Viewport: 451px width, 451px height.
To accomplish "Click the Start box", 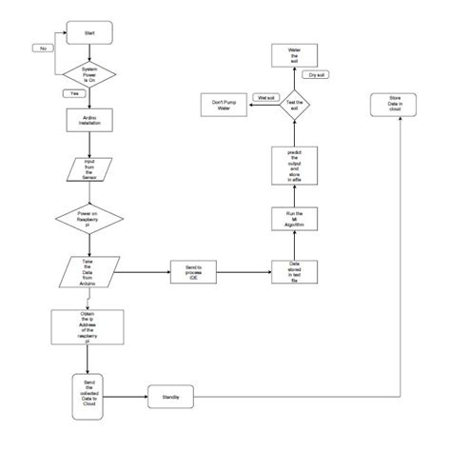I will pyautogui.click(x=89, y=31).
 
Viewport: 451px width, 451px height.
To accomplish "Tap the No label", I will pyautogui.click(x=43, y=47).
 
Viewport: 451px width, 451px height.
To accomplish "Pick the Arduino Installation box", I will pyautogui.click(x=89, y=119).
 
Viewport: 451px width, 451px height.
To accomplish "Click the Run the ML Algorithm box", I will pyautogui.click(x=287, y=217).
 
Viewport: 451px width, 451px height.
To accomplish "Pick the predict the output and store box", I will pyautogui.click(x=287, y=164).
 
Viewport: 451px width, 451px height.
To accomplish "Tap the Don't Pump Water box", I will pyautogui.click(x=221, y=105).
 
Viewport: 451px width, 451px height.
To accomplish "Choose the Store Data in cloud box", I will pyautogui.click(x=395, y=105).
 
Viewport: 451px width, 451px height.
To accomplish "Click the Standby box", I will pyautogui.click(x=172, y=394).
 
